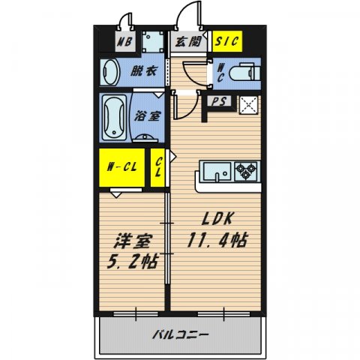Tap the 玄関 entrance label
point(187,42)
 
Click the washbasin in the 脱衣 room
point(110,73)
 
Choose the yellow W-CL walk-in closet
point(118,167)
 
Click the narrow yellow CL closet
point(159,167)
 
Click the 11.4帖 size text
point(218,242)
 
